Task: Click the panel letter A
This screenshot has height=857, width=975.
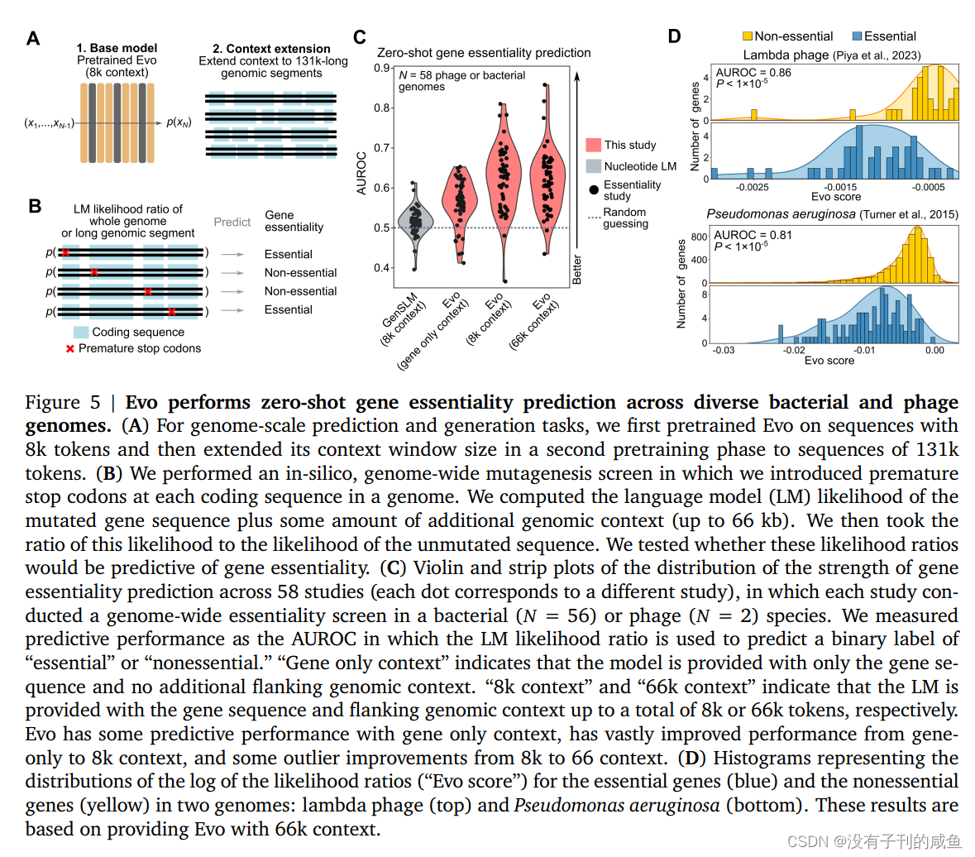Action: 33,39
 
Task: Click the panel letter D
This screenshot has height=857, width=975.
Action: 674,36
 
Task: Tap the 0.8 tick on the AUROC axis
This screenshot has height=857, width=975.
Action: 382,108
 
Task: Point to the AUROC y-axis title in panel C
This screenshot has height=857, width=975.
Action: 361,173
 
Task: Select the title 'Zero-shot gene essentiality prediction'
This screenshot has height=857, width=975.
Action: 484,53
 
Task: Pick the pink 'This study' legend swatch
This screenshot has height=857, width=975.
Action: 593,145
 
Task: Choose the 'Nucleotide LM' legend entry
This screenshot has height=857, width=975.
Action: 639,166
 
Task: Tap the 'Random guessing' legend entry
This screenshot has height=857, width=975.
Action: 625,218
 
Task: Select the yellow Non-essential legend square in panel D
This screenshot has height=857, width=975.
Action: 748,36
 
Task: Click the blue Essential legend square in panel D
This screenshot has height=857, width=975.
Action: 858,36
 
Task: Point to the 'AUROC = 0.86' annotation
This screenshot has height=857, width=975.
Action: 753,73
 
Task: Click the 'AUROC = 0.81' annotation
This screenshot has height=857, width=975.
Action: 753,235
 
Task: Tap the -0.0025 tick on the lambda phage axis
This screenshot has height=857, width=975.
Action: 752,188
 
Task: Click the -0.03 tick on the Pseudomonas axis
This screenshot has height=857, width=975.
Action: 724,350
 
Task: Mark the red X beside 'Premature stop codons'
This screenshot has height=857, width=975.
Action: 69,348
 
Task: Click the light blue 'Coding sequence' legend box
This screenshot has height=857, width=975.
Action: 81,332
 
